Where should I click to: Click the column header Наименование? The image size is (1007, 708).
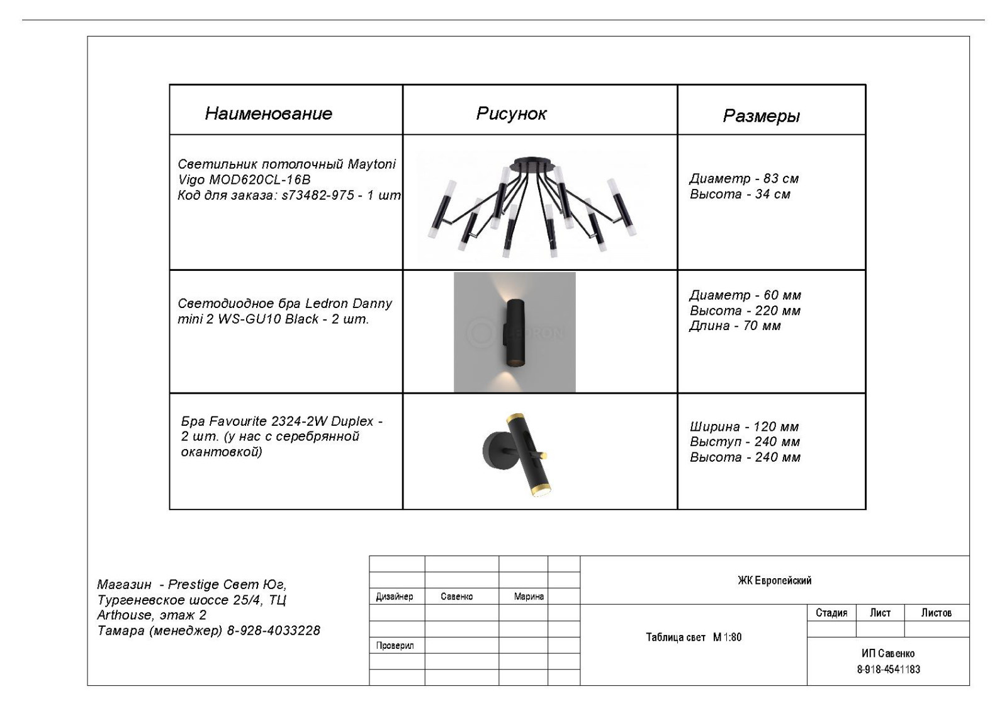[268, 113]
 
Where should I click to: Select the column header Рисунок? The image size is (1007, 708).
[511, 113]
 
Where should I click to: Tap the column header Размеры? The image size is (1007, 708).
[761, 116]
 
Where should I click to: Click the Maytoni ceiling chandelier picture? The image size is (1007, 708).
[532, 205]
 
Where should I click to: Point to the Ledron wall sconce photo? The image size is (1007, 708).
[514, 332]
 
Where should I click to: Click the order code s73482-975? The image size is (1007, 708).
[318, 195]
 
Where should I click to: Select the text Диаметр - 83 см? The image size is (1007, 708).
[744, 179]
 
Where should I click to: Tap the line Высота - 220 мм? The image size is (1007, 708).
[745, 311]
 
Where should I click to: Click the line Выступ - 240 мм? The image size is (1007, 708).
[745, 442]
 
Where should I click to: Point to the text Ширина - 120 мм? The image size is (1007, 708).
[744, 427]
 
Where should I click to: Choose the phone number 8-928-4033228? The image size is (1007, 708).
[273, 631]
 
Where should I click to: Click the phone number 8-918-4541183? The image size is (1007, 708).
[888, 669]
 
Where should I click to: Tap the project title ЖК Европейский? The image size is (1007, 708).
[774, 581]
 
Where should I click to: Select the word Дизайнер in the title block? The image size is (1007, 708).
[395, 597]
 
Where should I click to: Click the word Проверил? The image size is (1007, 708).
[395, 646]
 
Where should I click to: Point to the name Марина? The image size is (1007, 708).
[529, 597]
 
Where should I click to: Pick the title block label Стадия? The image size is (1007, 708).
[831, 613]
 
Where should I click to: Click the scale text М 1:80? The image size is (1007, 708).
[727, 637]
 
